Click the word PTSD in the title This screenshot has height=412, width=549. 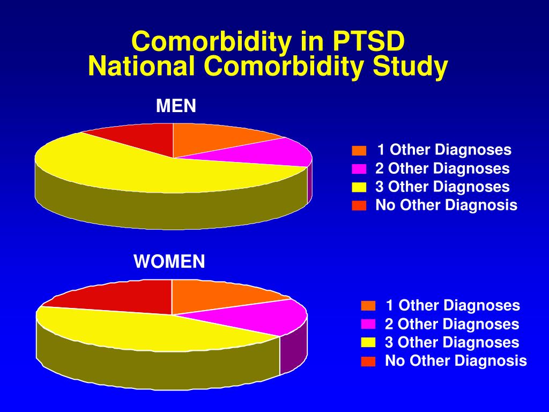coord(368,41)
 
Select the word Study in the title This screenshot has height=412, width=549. coord(410,67)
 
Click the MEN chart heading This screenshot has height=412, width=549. coord(176,106)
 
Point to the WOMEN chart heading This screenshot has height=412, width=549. coord(169,261)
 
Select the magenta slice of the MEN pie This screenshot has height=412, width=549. coord(266,152)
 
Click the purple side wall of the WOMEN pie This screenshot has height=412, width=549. coord(293,350)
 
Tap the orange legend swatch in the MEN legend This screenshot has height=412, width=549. coord(359,151)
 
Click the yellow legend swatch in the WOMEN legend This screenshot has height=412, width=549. coord(368,343)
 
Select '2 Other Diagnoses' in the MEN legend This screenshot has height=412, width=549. coord(442,168)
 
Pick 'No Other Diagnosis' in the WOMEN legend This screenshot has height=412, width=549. coord(456,360)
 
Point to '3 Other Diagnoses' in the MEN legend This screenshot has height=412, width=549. coord(442,187)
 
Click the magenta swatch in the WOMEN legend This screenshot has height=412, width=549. coord(368,324)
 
